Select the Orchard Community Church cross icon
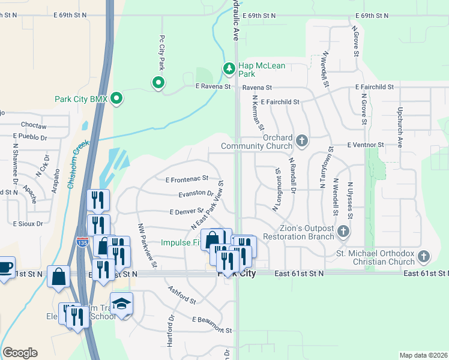pyautogui.click(x=302, y=141)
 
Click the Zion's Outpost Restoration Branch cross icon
pyautogui.click(x=343, y=231)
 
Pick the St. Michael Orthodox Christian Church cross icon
pyautogui.click(x=424, y=256)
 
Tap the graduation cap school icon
pyautogui.click(x=122, y=304)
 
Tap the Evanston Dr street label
pyautogui.click(x=196, y=193)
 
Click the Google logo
pyautogui.click(x=20, y=353)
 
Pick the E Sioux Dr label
pyautogui.click(x=28, y=223)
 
